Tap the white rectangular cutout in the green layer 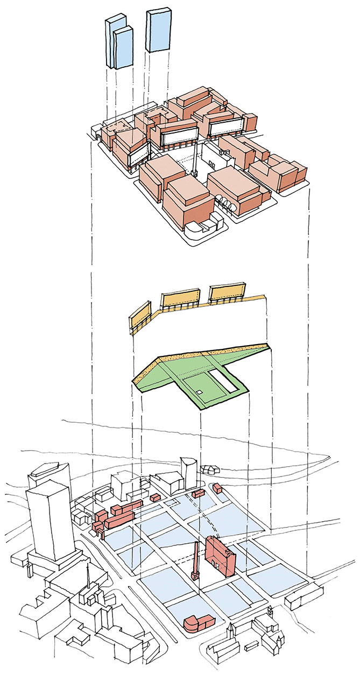[224, 380]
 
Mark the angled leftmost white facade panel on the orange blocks [138, 156]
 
